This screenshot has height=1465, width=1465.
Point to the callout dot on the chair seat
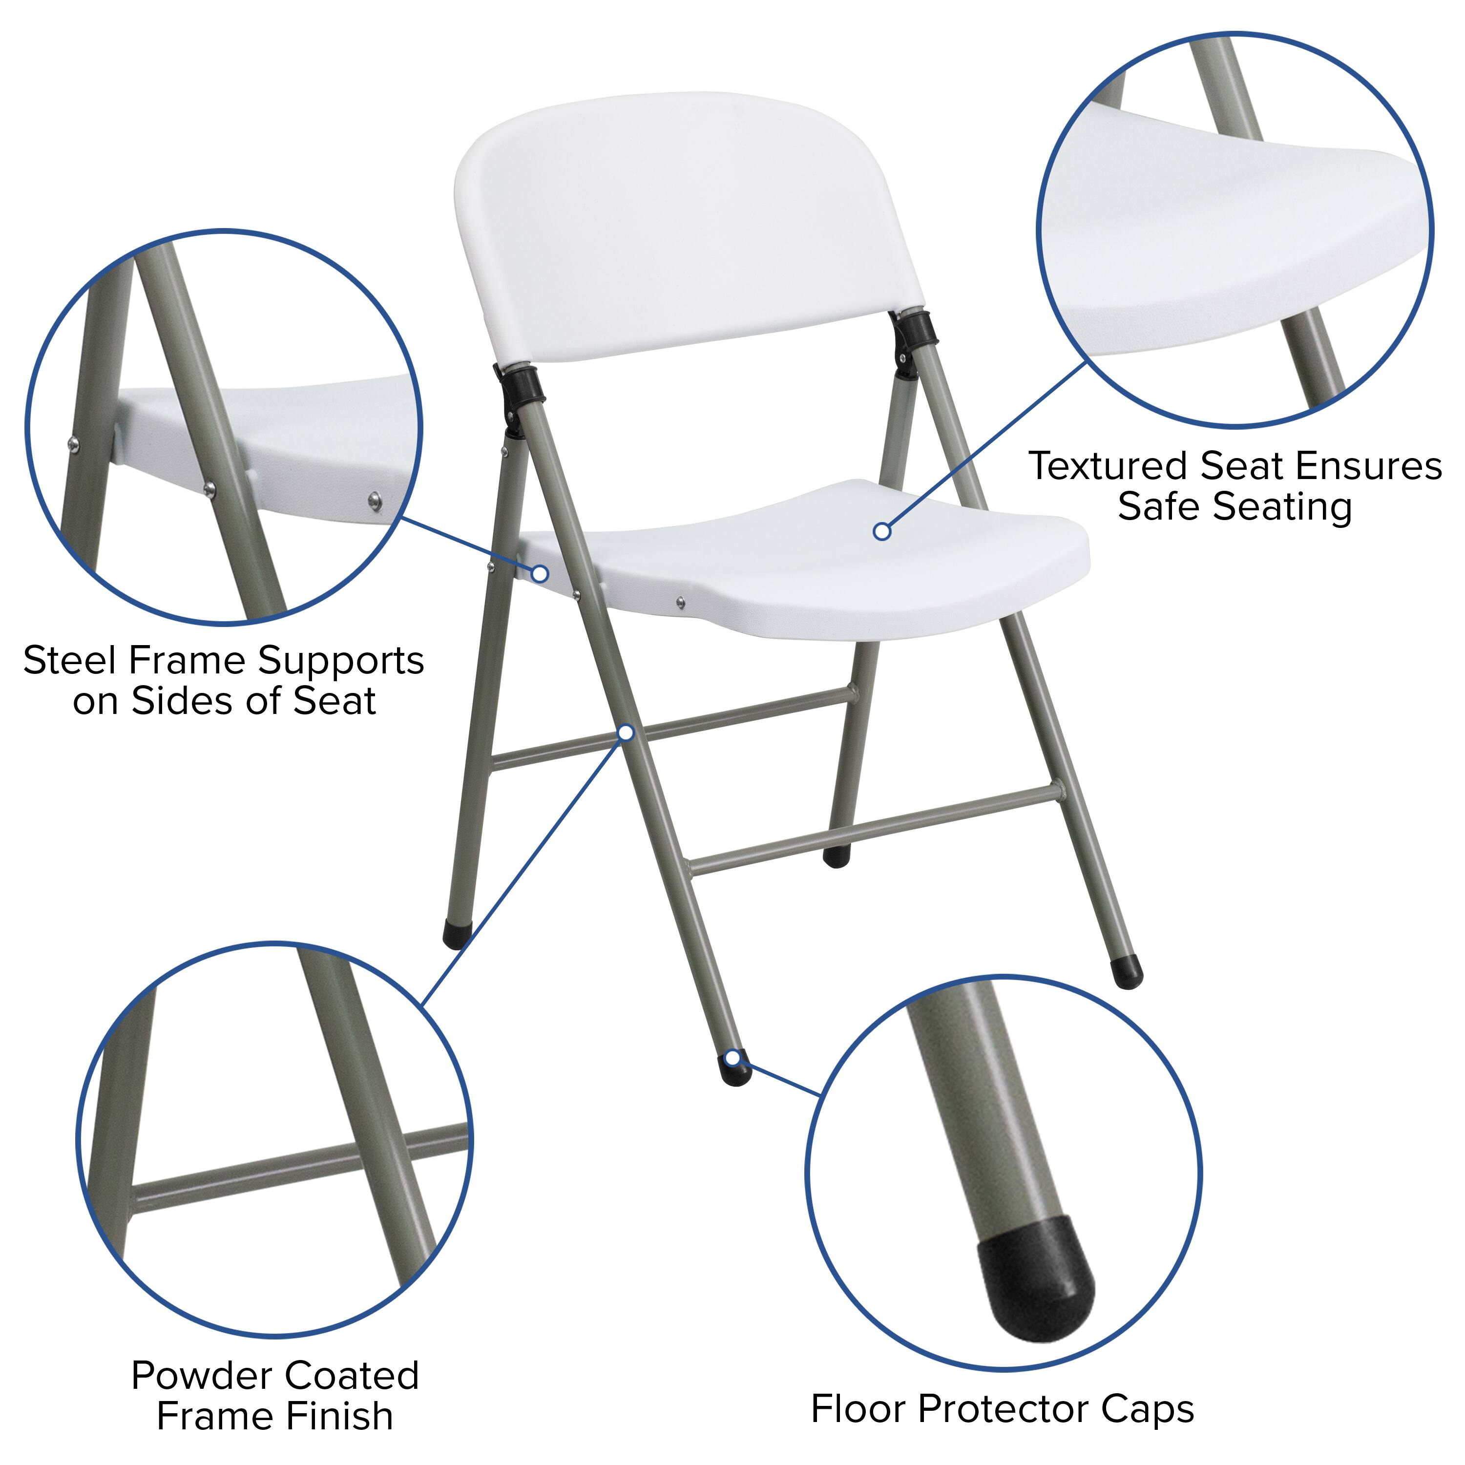[x=882, y=532]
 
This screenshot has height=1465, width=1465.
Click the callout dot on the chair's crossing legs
[x=627, y=732]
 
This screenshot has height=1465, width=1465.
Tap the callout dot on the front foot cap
[x=732, y=1058]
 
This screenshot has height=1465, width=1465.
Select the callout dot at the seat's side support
[x=540, y=573]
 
